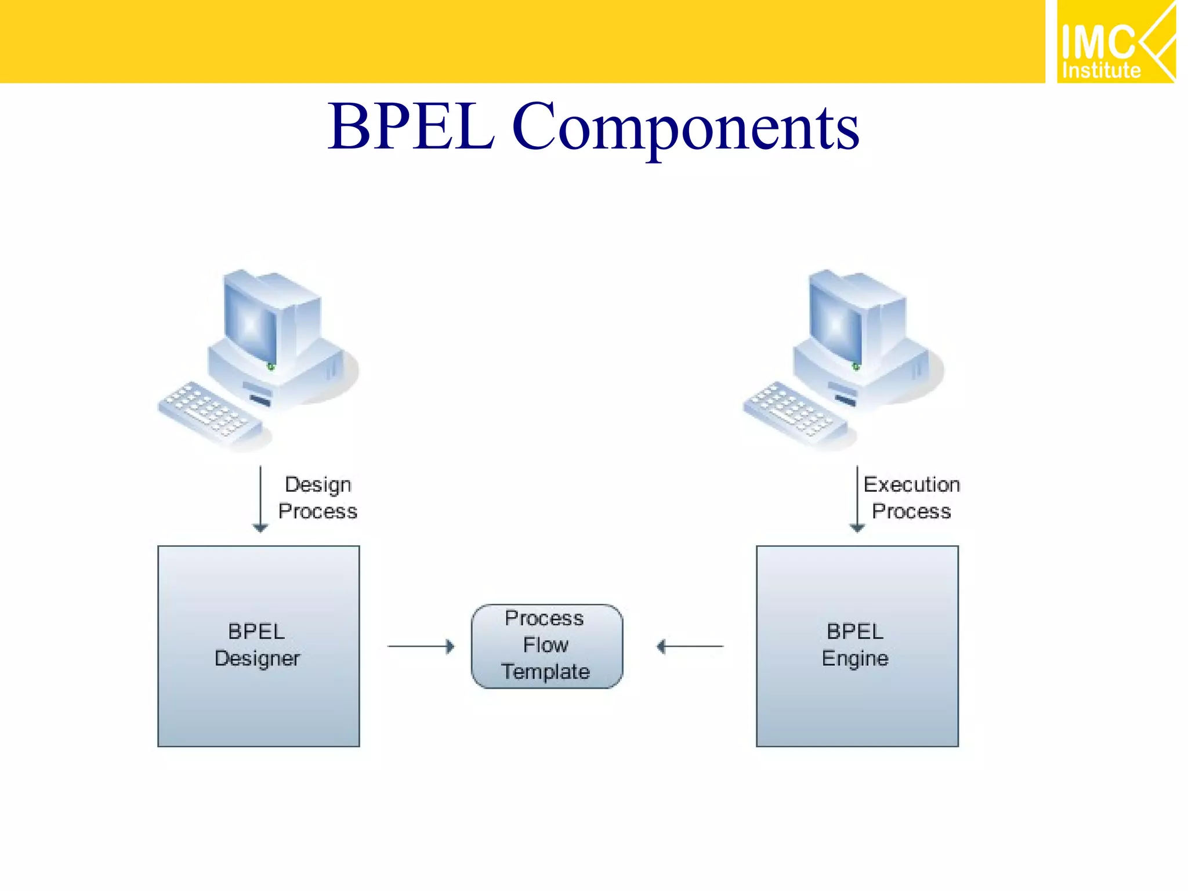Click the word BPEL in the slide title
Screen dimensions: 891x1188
point(411,126)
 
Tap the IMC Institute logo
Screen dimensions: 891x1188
point(1114,42)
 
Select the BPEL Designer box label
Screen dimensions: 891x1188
point(257,645)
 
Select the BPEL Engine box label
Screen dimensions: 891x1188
point(855,645)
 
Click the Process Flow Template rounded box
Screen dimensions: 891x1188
point(546,646)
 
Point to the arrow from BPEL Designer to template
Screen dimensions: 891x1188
point(421,646)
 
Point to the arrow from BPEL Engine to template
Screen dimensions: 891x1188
point(690,646)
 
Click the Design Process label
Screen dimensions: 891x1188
point(317,498)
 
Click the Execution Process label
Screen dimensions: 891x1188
point(911,498)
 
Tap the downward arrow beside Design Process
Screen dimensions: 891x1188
point(260,499)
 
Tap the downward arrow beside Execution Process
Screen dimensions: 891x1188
point(857,499)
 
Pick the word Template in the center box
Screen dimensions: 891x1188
point(545,672)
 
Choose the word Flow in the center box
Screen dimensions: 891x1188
point(545,645)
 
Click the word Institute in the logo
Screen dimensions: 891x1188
point(1100,71)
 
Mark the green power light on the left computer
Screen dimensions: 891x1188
point(270,367)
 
